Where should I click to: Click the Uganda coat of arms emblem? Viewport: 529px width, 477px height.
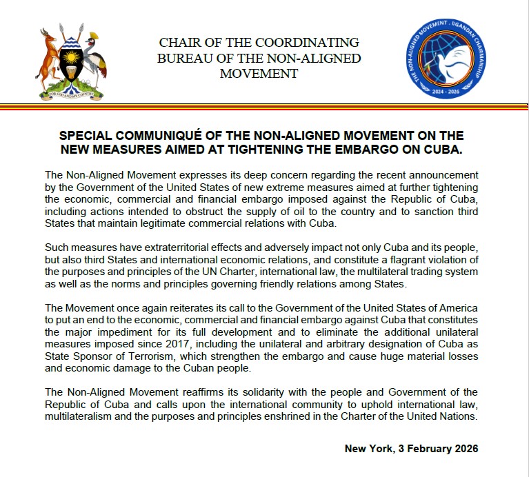[x=70, y=61]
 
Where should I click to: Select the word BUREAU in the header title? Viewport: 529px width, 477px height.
[x=183, y=58]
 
